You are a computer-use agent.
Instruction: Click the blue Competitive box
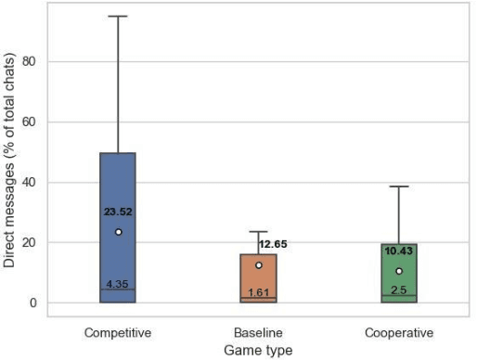[118, 186]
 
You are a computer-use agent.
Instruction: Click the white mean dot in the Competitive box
[118, 232]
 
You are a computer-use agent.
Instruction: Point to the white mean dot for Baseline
[259, 265]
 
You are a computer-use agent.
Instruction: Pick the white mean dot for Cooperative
[399, 271]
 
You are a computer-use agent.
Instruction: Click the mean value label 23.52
[118, 212]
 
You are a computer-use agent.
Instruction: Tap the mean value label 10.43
[399, 251]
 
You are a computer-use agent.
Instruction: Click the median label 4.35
[118, 284]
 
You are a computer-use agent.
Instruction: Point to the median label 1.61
[258, 292]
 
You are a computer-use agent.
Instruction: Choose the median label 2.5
[399, 290]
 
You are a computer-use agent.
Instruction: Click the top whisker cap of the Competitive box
[118, 16]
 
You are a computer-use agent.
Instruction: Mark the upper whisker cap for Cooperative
[399, 186]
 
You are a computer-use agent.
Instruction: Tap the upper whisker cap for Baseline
[258, 231]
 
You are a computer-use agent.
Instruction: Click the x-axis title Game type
[258, 350]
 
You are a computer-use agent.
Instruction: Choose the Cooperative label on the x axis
[399, 331]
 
